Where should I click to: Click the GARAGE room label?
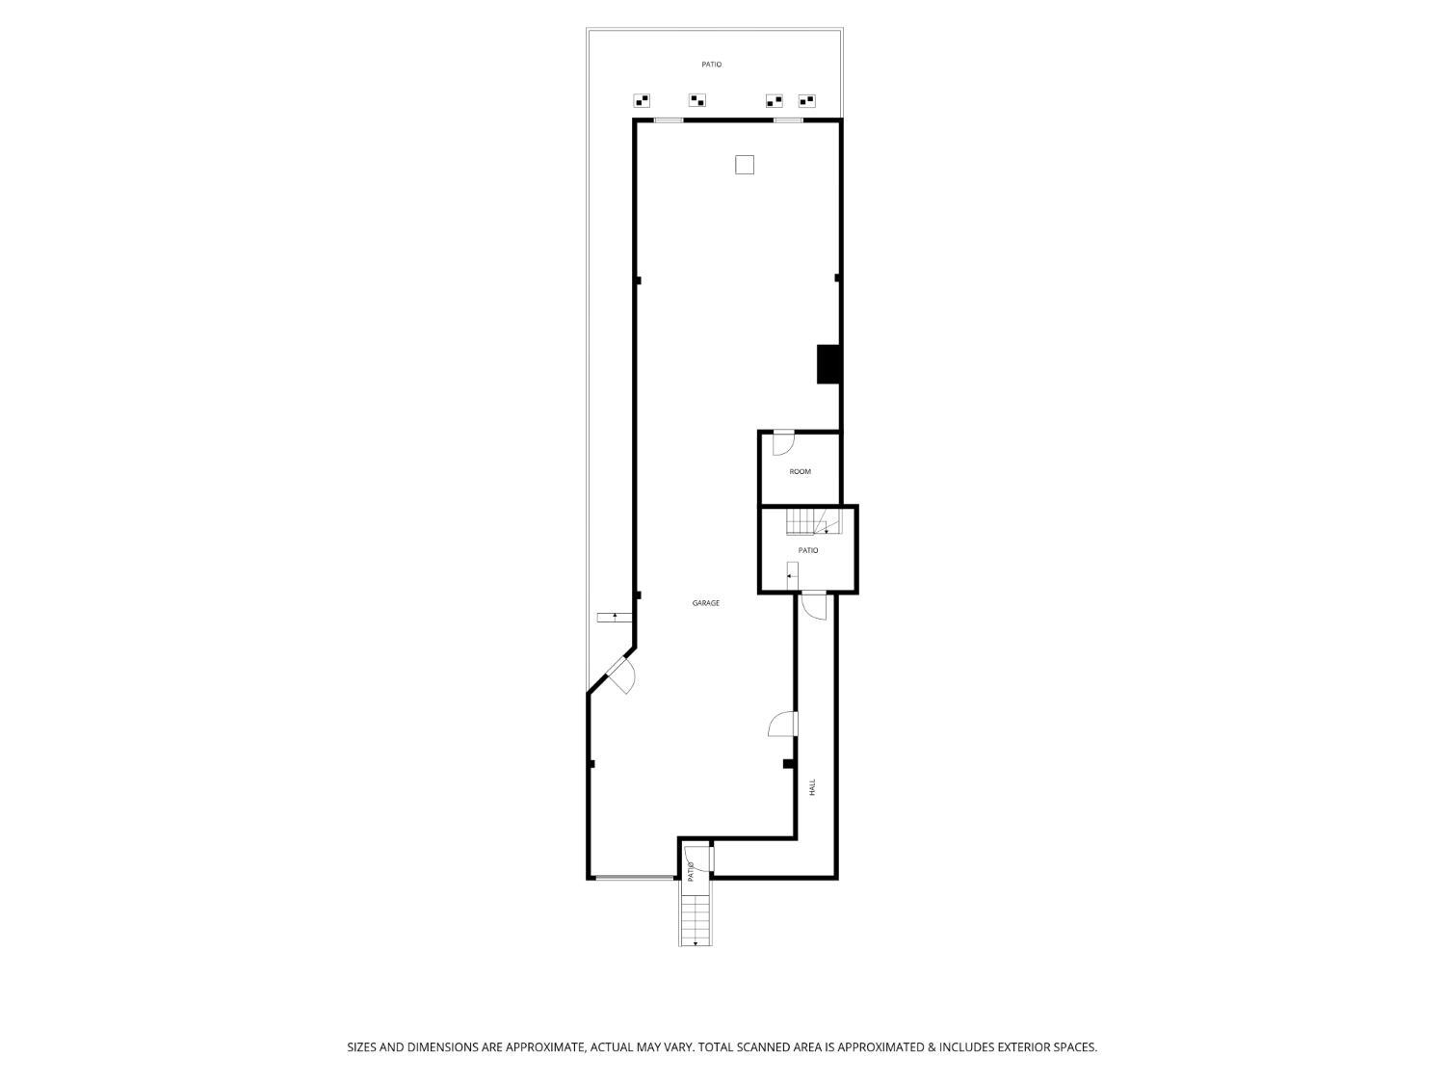705,603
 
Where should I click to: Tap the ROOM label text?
800,472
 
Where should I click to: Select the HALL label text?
812,787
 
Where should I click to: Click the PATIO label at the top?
711,65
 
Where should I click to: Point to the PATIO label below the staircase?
807,550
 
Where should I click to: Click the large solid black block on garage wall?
828,364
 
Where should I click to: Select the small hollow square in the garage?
744,165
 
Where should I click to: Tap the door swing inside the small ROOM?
783,443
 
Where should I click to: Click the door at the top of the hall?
814,606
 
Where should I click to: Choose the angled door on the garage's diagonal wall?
621,676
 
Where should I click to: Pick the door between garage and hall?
783,724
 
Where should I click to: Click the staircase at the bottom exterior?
696,912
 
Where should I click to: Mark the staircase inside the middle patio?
812,522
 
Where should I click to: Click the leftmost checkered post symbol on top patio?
642,101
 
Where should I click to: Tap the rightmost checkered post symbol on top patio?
806,101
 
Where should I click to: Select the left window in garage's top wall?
669,119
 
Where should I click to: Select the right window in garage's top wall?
788,119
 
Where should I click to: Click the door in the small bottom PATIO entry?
696,859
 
